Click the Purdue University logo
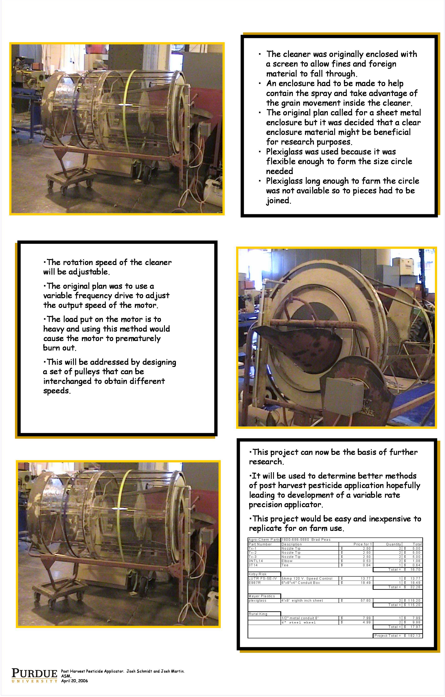pyautogui.click(x=34, y=675)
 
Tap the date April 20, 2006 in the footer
pyautogui.click(x=74, y=681)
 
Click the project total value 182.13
pyautogui.click(x=415, y=636)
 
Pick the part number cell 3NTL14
pyautogui.click(x=256, y=561)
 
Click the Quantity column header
pyautogui.click(x=393, y=544)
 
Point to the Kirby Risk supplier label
pyautogui.click(x=257, y=574)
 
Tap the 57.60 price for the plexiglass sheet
pyautogui.click(x=365, y=601)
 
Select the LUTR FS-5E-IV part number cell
pyautogui.click(x=263, y=578)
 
